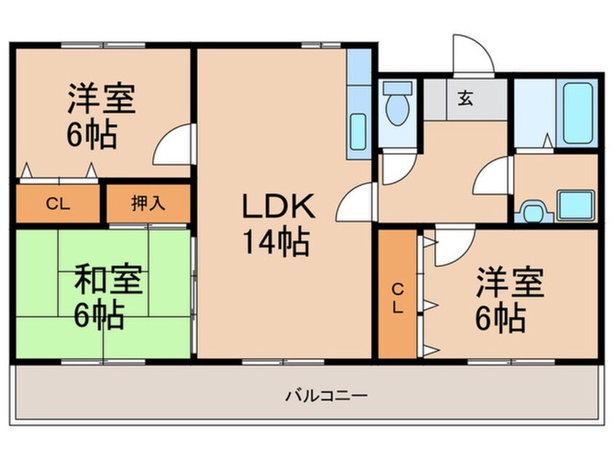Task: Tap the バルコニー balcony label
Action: coord(326,396)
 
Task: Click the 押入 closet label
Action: coord(148,204)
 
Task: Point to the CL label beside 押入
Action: coord(57,204)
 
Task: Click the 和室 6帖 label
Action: coord(109,297)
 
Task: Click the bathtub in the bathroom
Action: coord(579,113)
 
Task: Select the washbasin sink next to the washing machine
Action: coord(576,205)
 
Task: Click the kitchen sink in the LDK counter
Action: coord(359,131)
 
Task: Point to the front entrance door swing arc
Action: coord(472,54)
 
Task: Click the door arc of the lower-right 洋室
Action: coord(454,247)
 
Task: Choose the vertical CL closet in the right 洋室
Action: coord(398,295)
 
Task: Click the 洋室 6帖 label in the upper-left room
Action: coord(102,117)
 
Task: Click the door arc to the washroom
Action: coord(495,177)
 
